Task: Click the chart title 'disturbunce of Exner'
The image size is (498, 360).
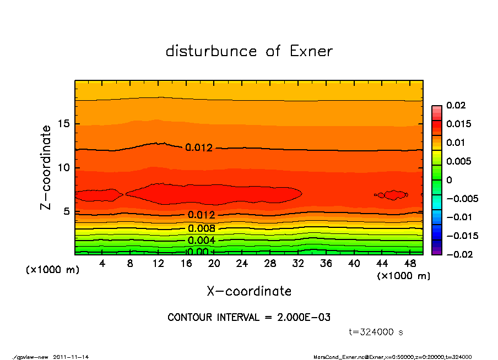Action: (249, 52)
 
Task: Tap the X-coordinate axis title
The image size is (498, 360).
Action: (249, 291)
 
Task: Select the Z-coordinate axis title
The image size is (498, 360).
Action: (46, 167)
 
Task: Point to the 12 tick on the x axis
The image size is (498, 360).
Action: (158, 264)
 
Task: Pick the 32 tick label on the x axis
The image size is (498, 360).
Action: (299, 264)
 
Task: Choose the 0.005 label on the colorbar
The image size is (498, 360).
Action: (459, 161)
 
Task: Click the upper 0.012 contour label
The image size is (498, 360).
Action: (198, 148)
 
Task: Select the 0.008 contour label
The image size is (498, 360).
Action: (201, 228)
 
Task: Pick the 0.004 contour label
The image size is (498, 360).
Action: (201, 241)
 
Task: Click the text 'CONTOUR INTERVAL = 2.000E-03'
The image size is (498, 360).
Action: (249, 318)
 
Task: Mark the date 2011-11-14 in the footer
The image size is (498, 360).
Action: (71, 357)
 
